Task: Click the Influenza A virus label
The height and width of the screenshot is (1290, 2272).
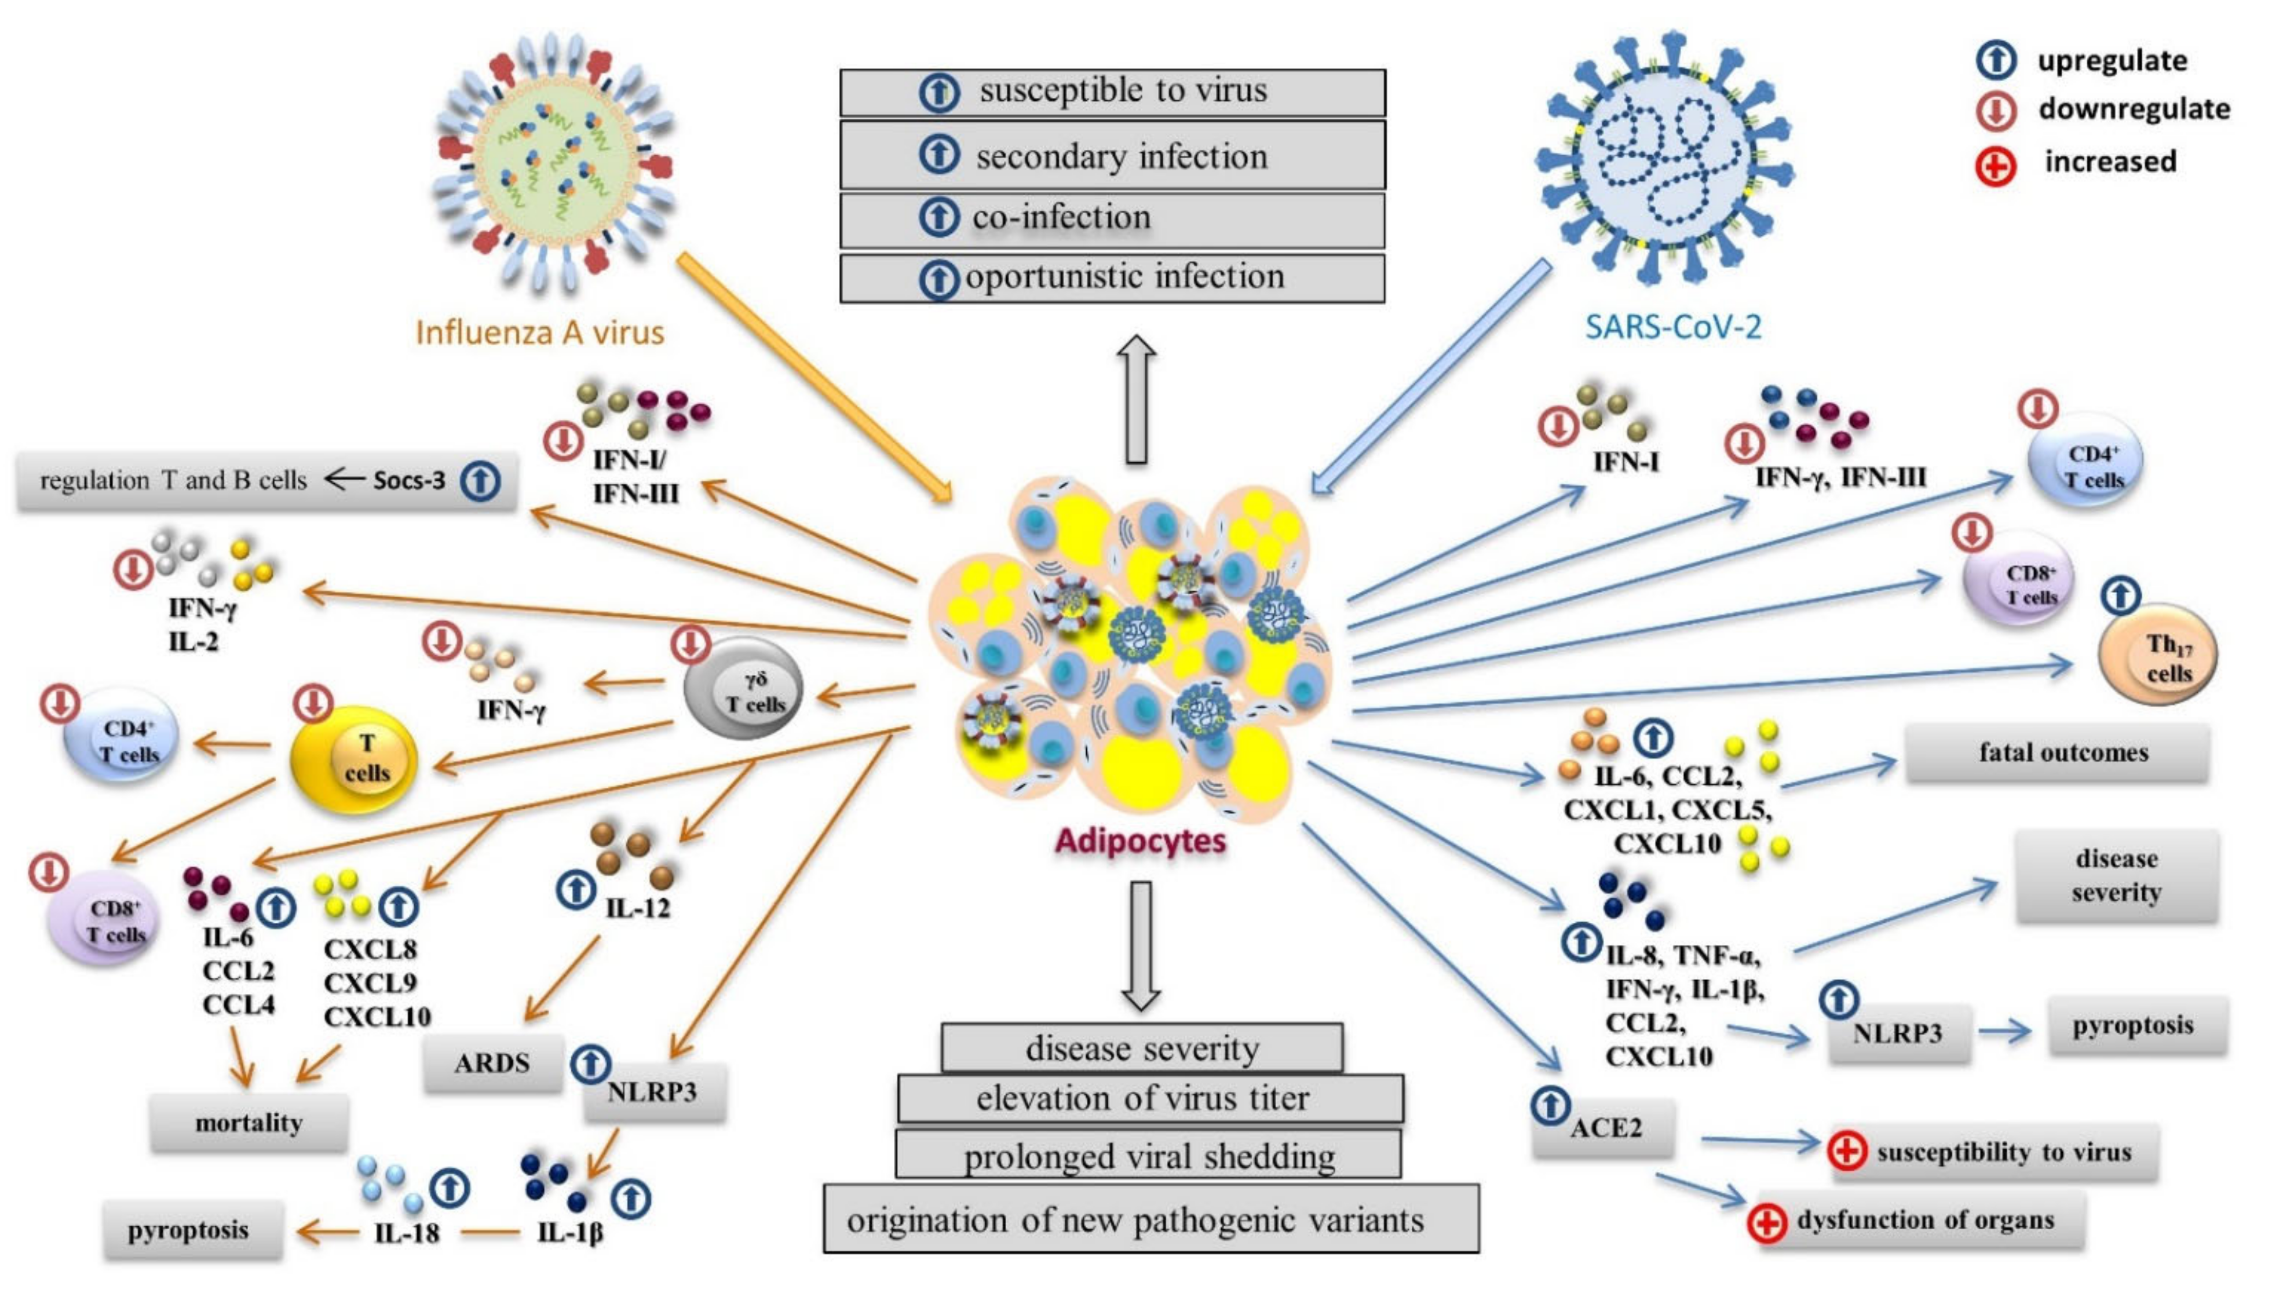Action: (539, 332)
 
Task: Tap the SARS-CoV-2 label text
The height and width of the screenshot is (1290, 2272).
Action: (1672, 327)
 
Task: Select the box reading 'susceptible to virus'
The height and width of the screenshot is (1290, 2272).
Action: (1112, 92)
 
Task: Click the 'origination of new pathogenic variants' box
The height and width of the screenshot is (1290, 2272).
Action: (1150, 1220)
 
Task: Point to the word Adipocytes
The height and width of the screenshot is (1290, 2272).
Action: (1140, 840)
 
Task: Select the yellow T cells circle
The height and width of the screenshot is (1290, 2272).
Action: (355, 758)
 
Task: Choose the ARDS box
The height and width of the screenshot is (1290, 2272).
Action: (492, 1062)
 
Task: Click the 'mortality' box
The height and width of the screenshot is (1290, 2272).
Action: (249, 1123)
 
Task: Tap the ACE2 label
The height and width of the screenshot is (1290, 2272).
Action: (1605, 1128)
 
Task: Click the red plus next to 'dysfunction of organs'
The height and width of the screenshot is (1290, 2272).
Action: (1766, 1223)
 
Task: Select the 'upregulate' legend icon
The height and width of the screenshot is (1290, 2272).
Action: (1996, 60)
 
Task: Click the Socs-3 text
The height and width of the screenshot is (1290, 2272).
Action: (408, 480)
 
